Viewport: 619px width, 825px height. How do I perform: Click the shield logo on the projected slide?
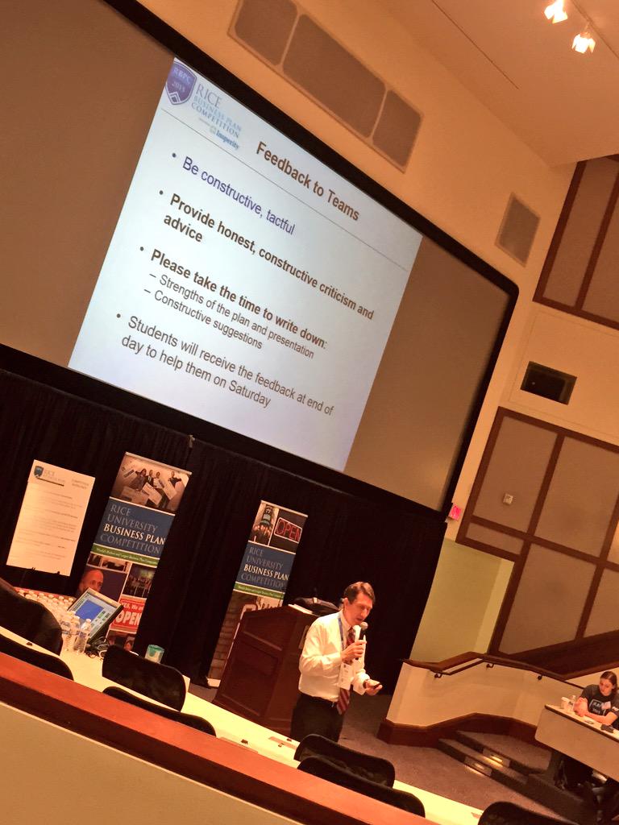click(181, 83)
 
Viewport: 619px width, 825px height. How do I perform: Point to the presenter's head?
click(358, 601)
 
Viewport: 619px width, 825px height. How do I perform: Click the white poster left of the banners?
click(50, 516)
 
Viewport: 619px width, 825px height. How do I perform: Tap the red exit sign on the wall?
click(455, 511)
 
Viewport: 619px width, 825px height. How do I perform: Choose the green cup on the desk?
click(155, 653)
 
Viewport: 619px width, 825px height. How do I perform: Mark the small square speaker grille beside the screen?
click(517, 229)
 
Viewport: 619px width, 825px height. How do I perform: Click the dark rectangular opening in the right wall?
click(548, 382)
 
